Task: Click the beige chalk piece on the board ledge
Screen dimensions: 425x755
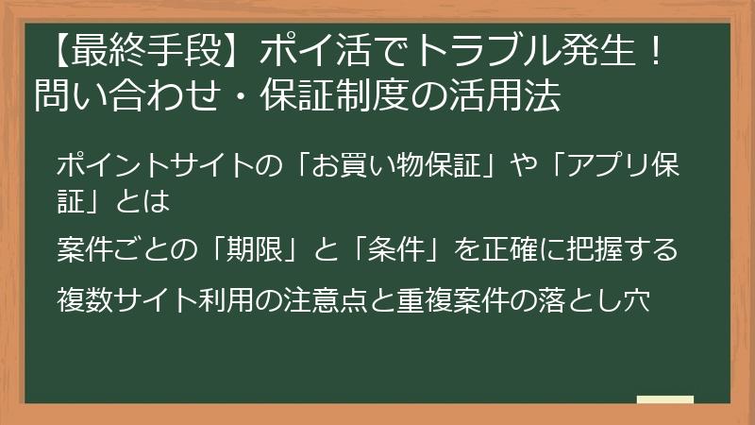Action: (665, 399)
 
